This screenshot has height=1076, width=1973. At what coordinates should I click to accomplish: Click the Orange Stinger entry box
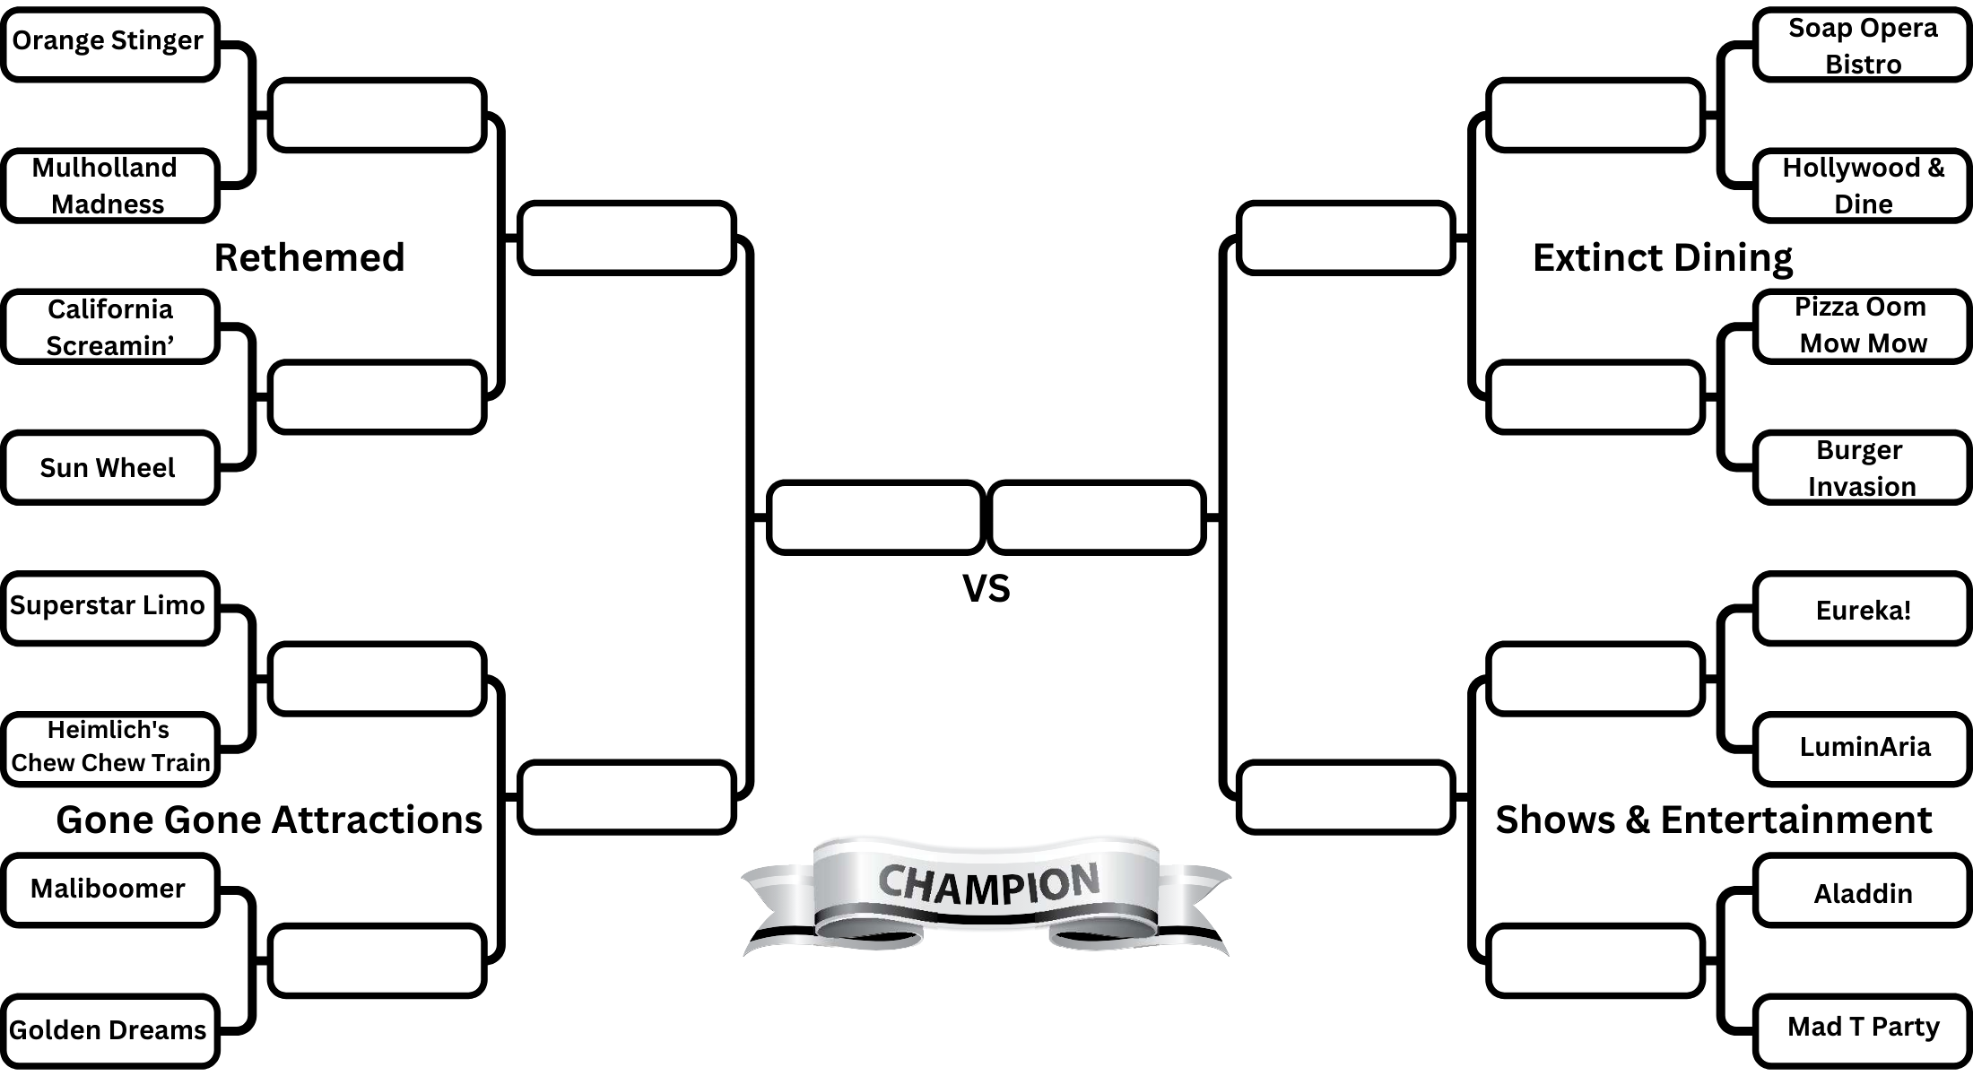click(109, 44)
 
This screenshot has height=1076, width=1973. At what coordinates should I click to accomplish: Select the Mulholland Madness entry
click(109, 186)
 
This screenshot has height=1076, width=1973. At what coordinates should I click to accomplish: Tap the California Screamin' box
click(109, 326)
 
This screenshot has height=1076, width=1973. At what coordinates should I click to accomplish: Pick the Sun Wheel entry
click(109, 467)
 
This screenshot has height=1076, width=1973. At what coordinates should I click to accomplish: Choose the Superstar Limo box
click(109, 608)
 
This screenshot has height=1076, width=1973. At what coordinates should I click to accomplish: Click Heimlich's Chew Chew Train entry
click(109, 749)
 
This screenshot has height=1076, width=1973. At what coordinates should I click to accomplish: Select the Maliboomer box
click(109, 889)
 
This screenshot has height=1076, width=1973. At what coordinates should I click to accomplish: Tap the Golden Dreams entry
click(109, 1030)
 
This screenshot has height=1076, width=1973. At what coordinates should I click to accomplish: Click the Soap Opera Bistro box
click(1863, 45)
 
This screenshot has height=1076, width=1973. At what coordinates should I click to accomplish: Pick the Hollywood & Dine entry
click(1863, 186)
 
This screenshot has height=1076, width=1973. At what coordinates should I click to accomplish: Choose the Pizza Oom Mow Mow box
click(1863, 325)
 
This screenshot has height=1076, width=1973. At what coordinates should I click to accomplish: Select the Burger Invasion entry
click(1863, 467)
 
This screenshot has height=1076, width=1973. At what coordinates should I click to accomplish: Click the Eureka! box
click(1863, 610)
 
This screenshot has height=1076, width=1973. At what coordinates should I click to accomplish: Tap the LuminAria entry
click(1863, 748)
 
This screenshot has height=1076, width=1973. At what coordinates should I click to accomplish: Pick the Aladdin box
click(1863, 893)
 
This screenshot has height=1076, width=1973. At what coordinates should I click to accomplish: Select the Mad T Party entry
click(1863, 1028)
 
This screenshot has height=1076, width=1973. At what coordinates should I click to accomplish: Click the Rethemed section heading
click(309, 258)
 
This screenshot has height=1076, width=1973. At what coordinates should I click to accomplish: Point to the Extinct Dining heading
click(1662, 258)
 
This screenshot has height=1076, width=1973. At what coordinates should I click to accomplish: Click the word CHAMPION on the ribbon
click(987, 884)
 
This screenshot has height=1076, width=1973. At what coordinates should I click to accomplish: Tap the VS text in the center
click(986, 589)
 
